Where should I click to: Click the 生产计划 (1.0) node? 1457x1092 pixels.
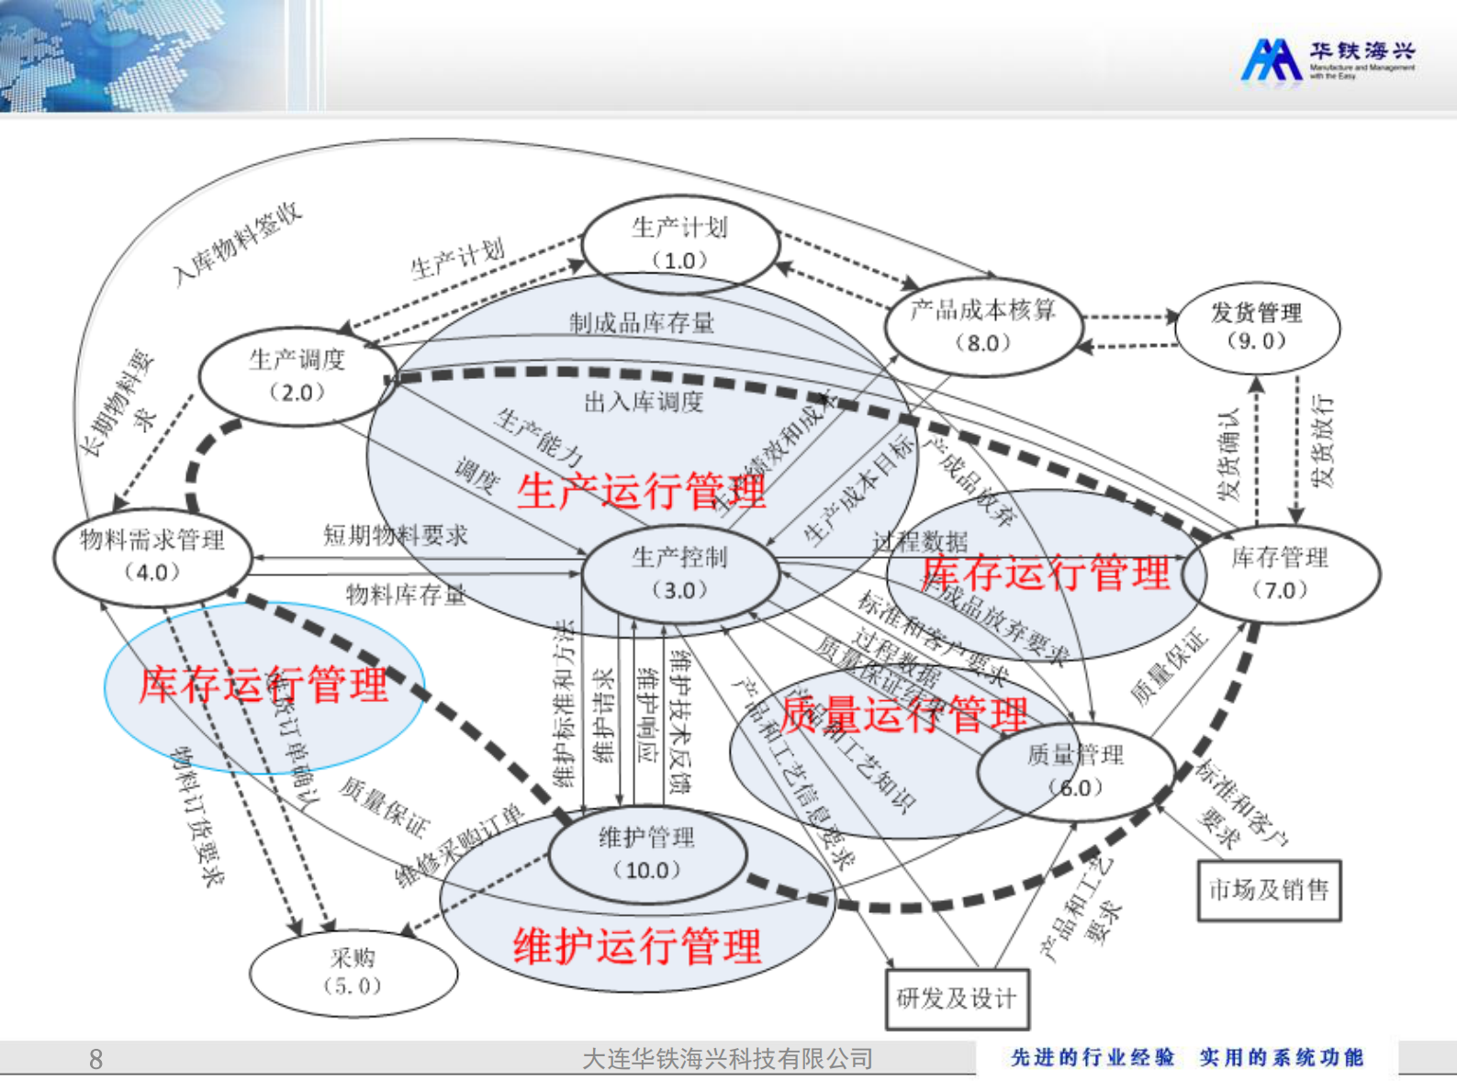(x=679, y=243)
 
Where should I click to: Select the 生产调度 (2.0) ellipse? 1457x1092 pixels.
(x=297, y=375)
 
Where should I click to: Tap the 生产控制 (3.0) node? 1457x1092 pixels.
(x=679, y=573)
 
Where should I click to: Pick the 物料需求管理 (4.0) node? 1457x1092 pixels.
(x=151, y=555)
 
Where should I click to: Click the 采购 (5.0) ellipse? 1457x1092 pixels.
(x=353, y=971)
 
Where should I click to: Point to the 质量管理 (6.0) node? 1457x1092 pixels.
(x=1075, y=771)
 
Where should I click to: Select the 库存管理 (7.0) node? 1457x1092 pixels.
(x=1280, y=573)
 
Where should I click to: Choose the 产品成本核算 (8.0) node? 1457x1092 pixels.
(x=982, y=326)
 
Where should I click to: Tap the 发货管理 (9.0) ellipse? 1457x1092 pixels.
(x=1257, y=326)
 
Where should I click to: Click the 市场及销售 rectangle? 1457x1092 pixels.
(x=1269, y=889)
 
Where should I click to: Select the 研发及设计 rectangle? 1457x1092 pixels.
(x=957, y=998)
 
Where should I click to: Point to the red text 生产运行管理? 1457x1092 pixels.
(x=641, y=491)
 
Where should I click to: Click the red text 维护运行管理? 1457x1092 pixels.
(x=637, y=946)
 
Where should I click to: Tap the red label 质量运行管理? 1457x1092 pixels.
(x=904, y=714)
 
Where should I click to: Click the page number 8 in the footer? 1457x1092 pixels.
(x=95, y=1059)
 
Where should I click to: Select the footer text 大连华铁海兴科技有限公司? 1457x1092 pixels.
(x=727, y=1059)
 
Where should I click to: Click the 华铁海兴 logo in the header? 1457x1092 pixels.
(x=1328, y=60)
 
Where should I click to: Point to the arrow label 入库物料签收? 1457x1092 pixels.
(x=237, y=243)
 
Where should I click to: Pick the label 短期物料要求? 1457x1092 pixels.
(x=396, y=534)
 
